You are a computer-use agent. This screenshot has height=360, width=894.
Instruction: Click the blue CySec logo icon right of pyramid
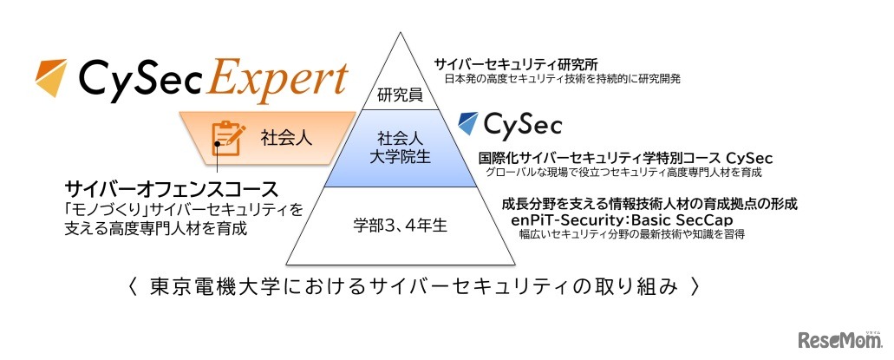click(468, 123)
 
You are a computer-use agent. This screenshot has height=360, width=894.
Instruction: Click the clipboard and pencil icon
click(226, 137)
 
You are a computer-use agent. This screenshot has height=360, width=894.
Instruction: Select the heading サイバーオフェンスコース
click(171, 189)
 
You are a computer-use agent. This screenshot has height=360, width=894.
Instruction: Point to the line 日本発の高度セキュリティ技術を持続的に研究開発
click(562, 78)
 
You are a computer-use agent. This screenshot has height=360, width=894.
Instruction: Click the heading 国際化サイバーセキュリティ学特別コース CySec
click(625, 159)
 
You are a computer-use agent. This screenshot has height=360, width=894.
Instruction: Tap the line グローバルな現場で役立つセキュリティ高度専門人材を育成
click(623, 173)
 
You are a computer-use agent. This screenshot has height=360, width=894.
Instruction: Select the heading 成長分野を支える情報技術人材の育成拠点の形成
click(650, 204)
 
